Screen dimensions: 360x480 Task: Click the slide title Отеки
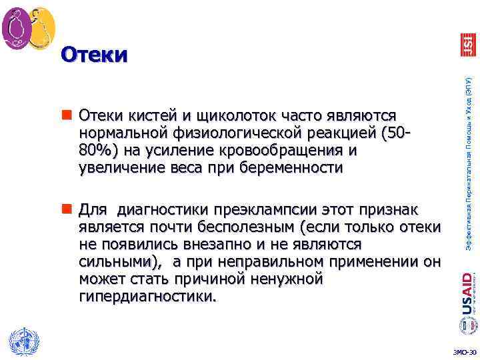coord(93,55)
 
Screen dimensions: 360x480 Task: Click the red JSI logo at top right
coord(468,44)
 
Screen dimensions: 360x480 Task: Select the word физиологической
coord(243,134)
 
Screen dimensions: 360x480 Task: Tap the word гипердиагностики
coord(147,295)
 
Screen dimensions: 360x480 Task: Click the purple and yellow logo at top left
coord(29,27)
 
